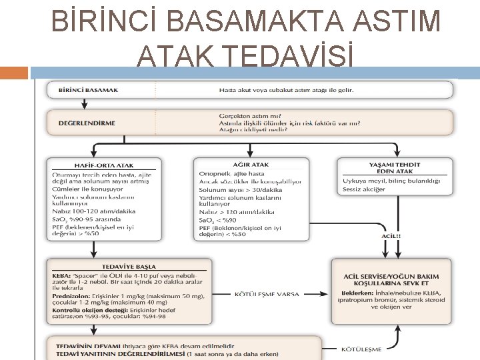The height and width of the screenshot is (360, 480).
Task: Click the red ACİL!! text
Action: click(x=391, y=235)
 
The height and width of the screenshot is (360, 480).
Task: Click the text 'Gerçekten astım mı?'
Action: click(x=250, y=115)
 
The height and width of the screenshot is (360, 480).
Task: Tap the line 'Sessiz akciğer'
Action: click(x=364, y=189)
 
